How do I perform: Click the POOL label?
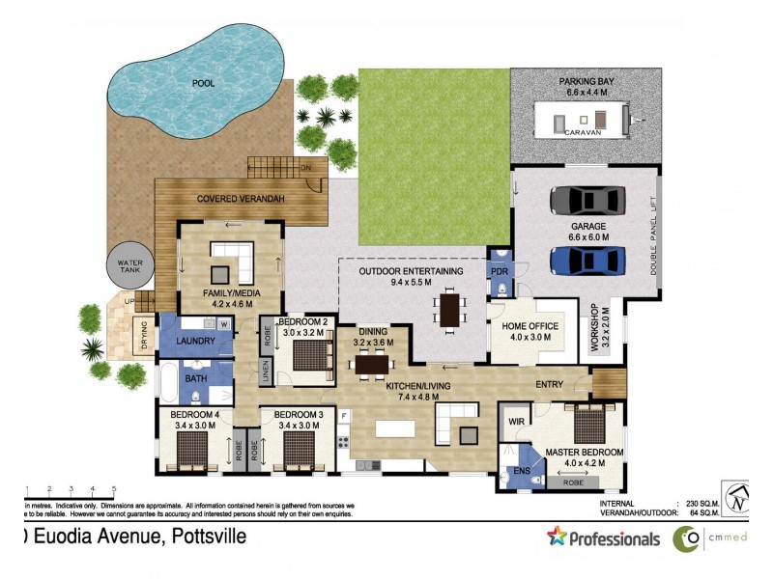[203, 83]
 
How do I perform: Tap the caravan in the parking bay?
[580, 123]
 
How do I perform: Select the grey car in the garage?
[587, 200]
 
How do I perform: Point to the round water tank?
[129, 266]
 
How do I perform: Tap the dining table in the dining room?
[372, 364]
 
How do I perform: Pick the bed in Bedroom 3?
[298, 448]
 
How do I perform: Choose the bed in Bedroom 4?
[192, 448]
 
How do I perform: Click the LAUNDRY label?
[196, 341]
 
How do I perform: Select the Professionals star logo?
[558, 537]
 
